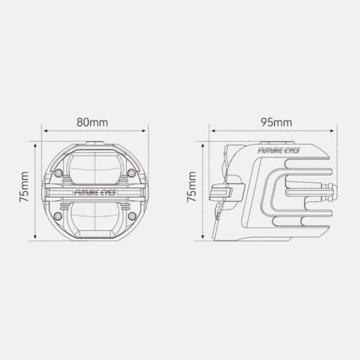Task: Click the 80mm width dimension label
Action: tap(92, 122)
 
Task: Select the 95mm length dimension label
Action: tap(276, 122)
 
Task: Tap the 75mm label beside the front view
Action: tap(24, 186)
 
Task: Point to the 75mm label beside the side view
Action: tap(192, 186)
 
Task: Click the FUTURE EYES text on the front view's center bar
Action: tap(95, 192)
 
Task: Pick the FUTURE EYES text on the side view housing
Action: tap(279, 150)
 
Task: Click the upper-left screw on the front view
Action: tap(58, 173)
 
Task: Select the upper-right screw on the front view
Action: tap(131, 173)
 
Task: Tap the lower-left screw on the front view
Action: tap(58, 216)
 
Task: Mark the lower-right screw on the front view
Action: tap(132, 216)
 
